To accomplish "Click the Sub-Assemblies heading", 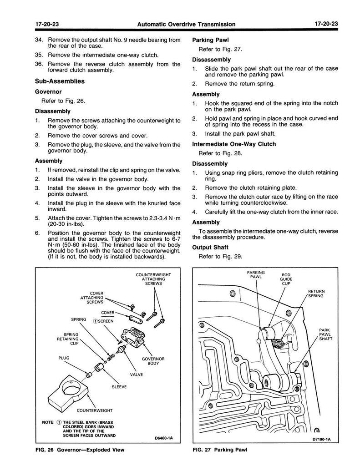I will point(60,82).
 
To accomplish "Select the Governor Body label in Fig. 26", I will point(153,362).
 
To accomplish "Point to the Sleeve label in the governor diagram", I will point(119,387).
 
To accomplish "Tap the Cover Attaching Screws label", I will point(92,297).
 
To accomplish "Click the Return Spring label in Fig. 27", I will point(316,293).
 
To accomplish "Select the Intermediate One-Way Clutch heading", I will point(234,144).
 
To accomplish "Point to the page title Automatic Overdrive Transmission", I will point(180,24).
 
